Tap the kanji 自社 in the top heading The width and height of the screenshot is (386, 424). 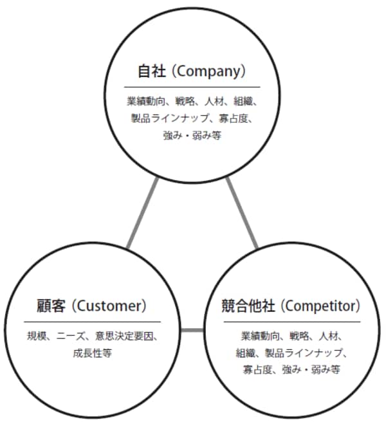coord(152,69)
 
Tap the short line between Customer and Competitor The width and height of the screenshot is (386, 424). coord(191,331)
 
